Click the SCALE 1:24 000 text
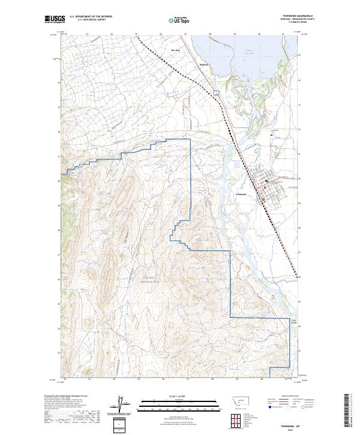172,397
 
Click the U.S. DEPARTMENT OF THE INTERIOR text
91,17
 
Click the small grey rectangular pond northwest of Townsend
217,92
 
